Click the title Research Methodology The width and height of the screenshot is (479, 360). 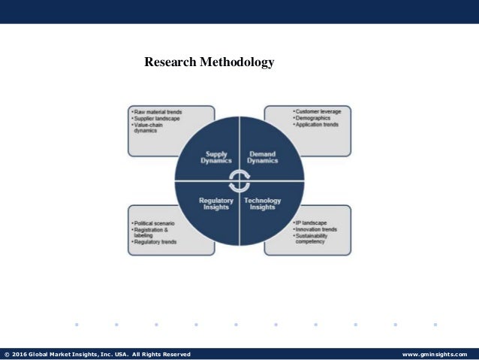point(209,62)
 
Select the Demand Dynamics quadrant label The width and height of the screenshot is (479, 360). point(263,157)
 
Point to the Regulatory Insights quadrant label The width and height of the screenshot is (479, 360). point(217,204)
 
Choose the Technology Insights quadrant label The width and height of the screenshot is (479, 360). point(263,204)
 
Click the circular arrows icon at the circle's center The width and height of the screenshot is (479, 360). point(239,181)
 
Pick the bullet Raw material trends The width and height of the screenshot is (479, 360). point(158,112)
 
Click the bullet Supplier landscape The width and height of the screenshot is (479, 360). point(156,119)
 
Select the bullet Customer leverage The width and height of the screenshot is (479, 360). point(318,112)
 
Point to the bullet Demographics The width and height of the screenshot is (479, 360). point(312,119)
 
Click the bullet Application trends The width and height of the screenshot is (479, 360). point(317,125)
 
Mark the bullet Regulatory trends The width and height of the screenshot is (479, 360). point(155,242)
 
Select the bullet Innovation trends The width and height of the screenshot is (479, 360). point(315,230)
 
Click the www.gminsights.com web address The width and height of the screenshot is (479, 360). point(435,354)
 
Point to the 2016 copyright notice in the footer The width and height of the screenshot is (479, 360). point(98,354)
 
